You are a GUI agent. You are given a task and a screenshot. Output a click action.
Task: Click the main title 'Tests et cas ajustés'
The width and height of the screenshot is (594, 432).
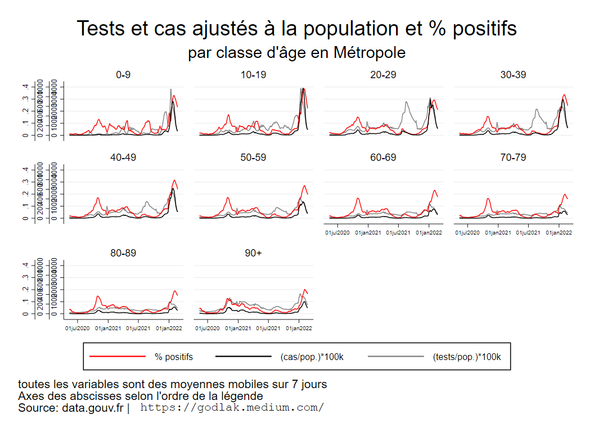tap(296, 29)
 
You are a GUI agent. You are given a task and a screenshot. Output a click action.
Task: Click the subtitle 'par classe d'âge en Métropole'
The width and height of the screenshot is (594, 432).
tap(296, 53)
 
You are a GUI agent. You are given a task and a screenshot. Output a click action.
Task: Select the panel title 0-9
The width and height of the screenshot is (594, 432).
tap(123, 75)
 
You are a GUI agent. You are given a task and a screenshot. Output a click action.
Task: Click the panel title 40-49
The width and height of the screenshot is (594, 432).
tap(123, 157)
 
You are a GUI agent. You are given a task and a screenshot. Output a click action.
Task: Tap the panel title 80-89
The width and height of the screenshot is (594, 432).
tap(123, 253)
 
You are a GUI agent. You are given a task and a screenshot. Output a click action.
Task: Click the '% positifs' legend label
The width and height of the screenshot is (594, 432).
tap(174, 357)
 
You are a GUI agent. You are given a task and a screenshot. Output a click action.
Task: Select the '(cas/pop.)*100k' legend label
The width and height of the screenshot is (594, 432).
tap(312, 357)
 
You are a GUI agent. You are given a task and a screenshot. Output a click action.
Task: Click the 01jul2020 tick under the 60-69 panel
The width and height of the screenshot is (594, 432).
tap(337, 232)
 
